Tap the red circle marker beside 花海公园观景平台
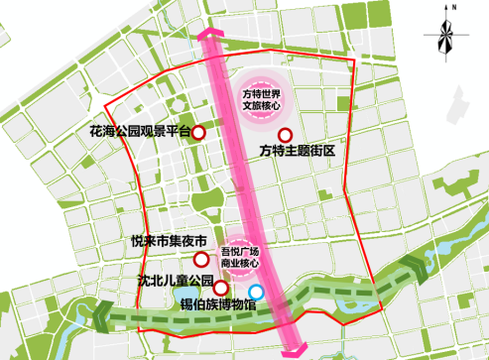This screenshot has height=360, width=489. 198,132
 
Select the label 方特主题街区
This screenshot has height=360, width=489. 299,151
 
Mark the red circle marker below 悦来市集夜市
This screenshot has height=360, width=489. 201,259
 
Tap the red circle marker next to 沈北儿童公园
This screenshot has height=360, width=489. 236,286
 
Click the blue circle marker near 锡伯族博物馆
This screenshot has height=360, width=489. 257,292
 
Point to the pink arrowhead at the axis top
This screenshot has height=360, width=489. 211,37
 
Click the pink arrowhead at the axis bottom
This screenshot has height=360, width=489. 295,350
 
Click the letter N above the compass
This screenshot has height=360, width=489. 451,8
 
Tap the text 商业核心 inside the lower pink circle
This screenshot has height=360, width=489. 238,264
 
